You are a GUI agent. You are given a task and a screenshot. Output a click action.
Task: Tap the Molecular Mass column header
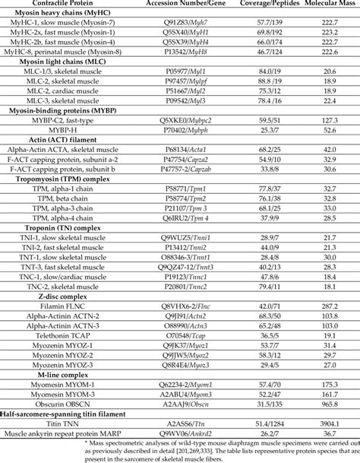(x=322, y=5)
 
